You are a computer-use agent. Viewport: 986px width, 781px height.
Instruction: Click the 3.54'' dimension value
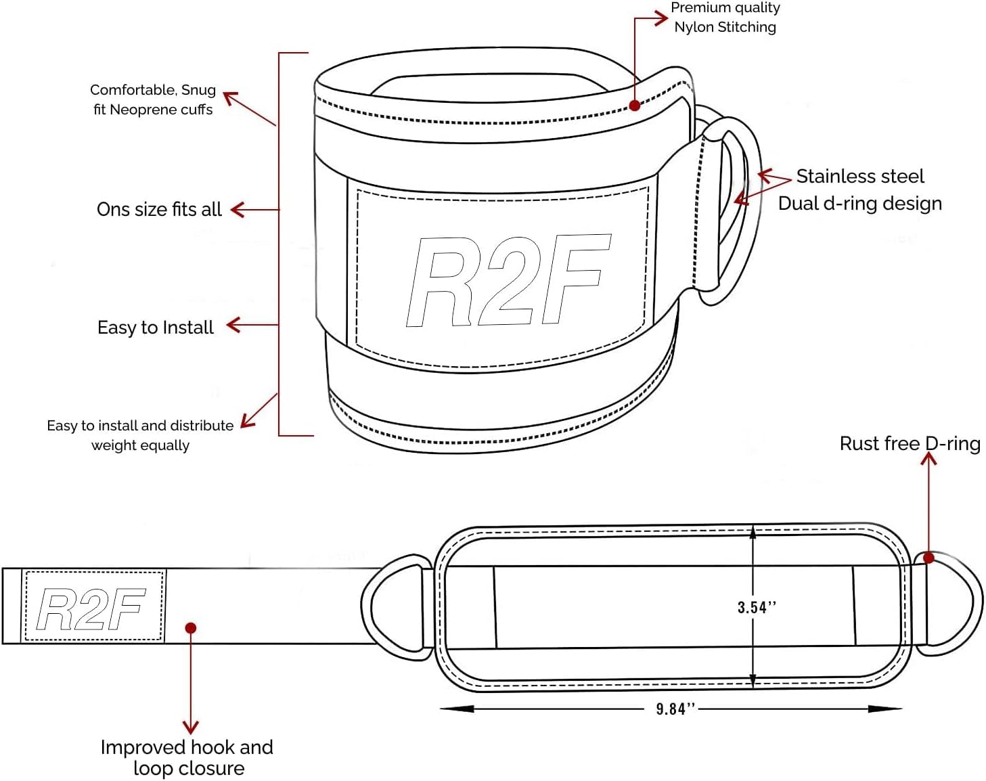click(757, 607)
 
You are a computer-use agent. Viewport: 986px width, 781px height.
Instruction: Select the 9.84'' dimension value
click(675, 709)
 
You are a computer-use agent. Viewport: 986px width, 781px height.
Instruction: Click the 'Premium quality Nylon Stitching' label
click(725, 18)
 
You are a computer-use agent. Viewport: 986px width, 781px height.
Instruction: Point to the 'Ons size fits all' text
click(159, 210)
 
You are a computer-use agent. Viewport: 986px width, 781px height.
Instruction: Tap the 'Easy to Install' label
click(156, 328)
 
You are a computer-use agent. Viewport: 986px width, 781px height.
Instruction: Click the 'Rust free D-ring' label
click(910, 443)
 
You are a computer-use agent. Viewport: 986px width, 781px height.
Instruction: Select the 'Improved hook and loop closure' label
click(187, 757)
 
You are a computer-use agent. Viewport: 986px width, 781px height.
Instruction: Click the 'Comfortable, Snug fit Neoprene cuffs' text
click(153, 99)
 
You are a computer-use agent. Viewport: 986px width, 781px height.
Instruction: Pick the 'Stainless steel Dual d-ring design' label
click(860, 190)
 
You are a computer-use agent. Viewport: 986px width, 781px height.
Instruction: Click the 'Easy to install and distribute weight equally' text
click(140, 435)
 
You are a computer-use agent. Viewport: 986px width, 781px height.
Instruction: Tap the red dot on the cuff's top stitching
click(635, 105)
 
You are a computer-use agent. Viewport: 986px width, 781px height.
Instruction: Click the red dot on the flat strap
click(191, 628)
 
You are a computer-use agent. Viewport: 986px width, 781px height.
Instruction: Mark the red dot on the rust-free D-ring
click(929, 558)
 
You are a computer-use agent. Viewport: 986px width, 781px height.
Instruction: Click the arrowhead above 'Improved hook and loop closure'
click(191, 728)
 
